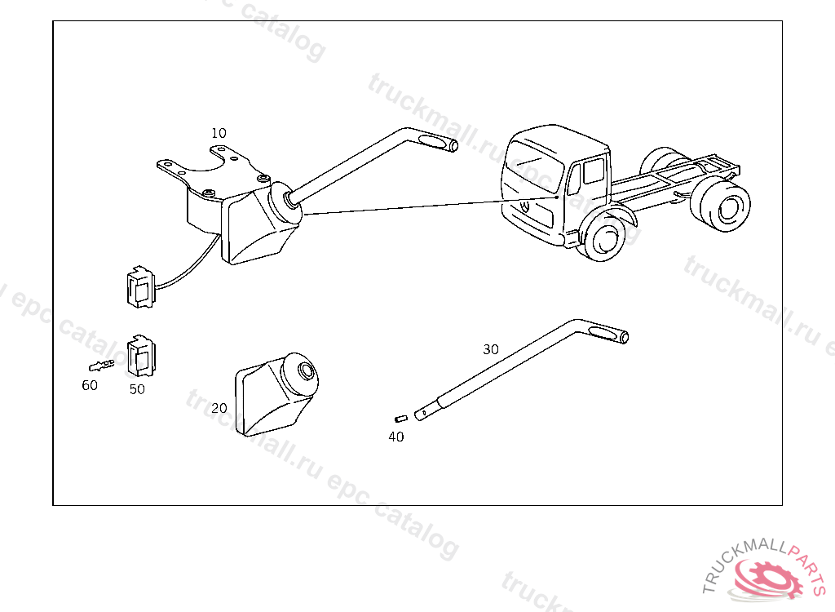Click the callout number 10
click(219, 133)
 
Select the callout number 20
click(219, 408)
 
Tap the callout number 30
click(490, 350)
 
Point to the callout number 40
click(395, 437)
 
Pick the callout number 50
click(137, 389)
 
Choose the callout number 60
click(90, 385)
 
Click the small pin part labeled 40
click(401, 419)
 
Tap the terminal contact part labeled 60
click(101, 366)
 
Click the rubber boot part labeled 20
click(276, 393)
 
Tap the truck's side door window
click(594, 171)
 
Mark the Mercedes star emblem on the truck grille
click(525, 207)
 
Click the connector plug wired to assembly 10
click(140, 287)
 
